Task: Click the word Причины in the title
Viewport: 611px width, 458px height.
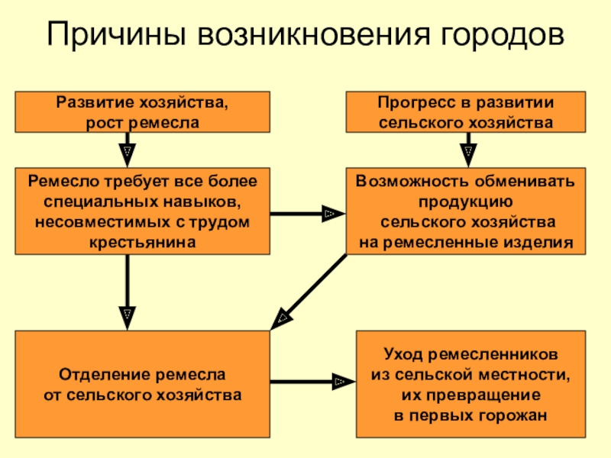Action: click(x=116, y=34)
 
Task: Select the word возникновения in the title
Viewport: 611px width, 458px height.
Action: click(x=314, y=34)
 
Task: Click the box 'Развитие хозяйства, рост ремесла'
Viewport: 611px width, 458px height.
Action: click(x=142, y=112)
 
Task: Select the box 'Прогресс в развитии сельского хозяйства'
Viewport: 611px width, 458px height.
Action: click(x=466, y=112)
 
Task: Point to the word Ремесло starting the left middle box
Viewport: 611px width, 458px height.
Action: click(x=63, y=182)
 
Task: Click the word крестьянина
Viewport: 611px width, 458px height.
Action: click(x=143, y=242)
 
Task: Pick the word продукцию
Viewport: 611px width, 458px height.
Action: click(x=466, y=202)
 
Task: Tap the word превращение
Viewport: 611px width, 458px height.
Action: click(x=483, y=395)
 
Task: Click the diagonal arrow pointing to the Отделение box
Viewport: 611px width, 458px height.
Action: click(x=309, y=292)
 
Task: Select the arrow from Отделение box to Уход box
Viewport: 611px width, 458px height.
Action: click(x=312, y=382)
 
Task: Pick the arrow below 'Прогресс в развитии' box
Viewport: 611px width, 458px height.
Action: click(x=468, y=150)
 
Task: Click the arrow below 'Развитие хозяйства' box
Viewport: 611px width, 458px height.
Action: click(x=128, y=150)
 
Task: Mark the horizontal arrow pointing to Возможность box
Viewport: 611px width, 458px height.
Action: click(x=308, y=214)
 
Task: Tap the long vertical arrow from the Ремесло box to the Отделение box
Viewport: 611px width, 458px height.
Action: click(x=128, y=292)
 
